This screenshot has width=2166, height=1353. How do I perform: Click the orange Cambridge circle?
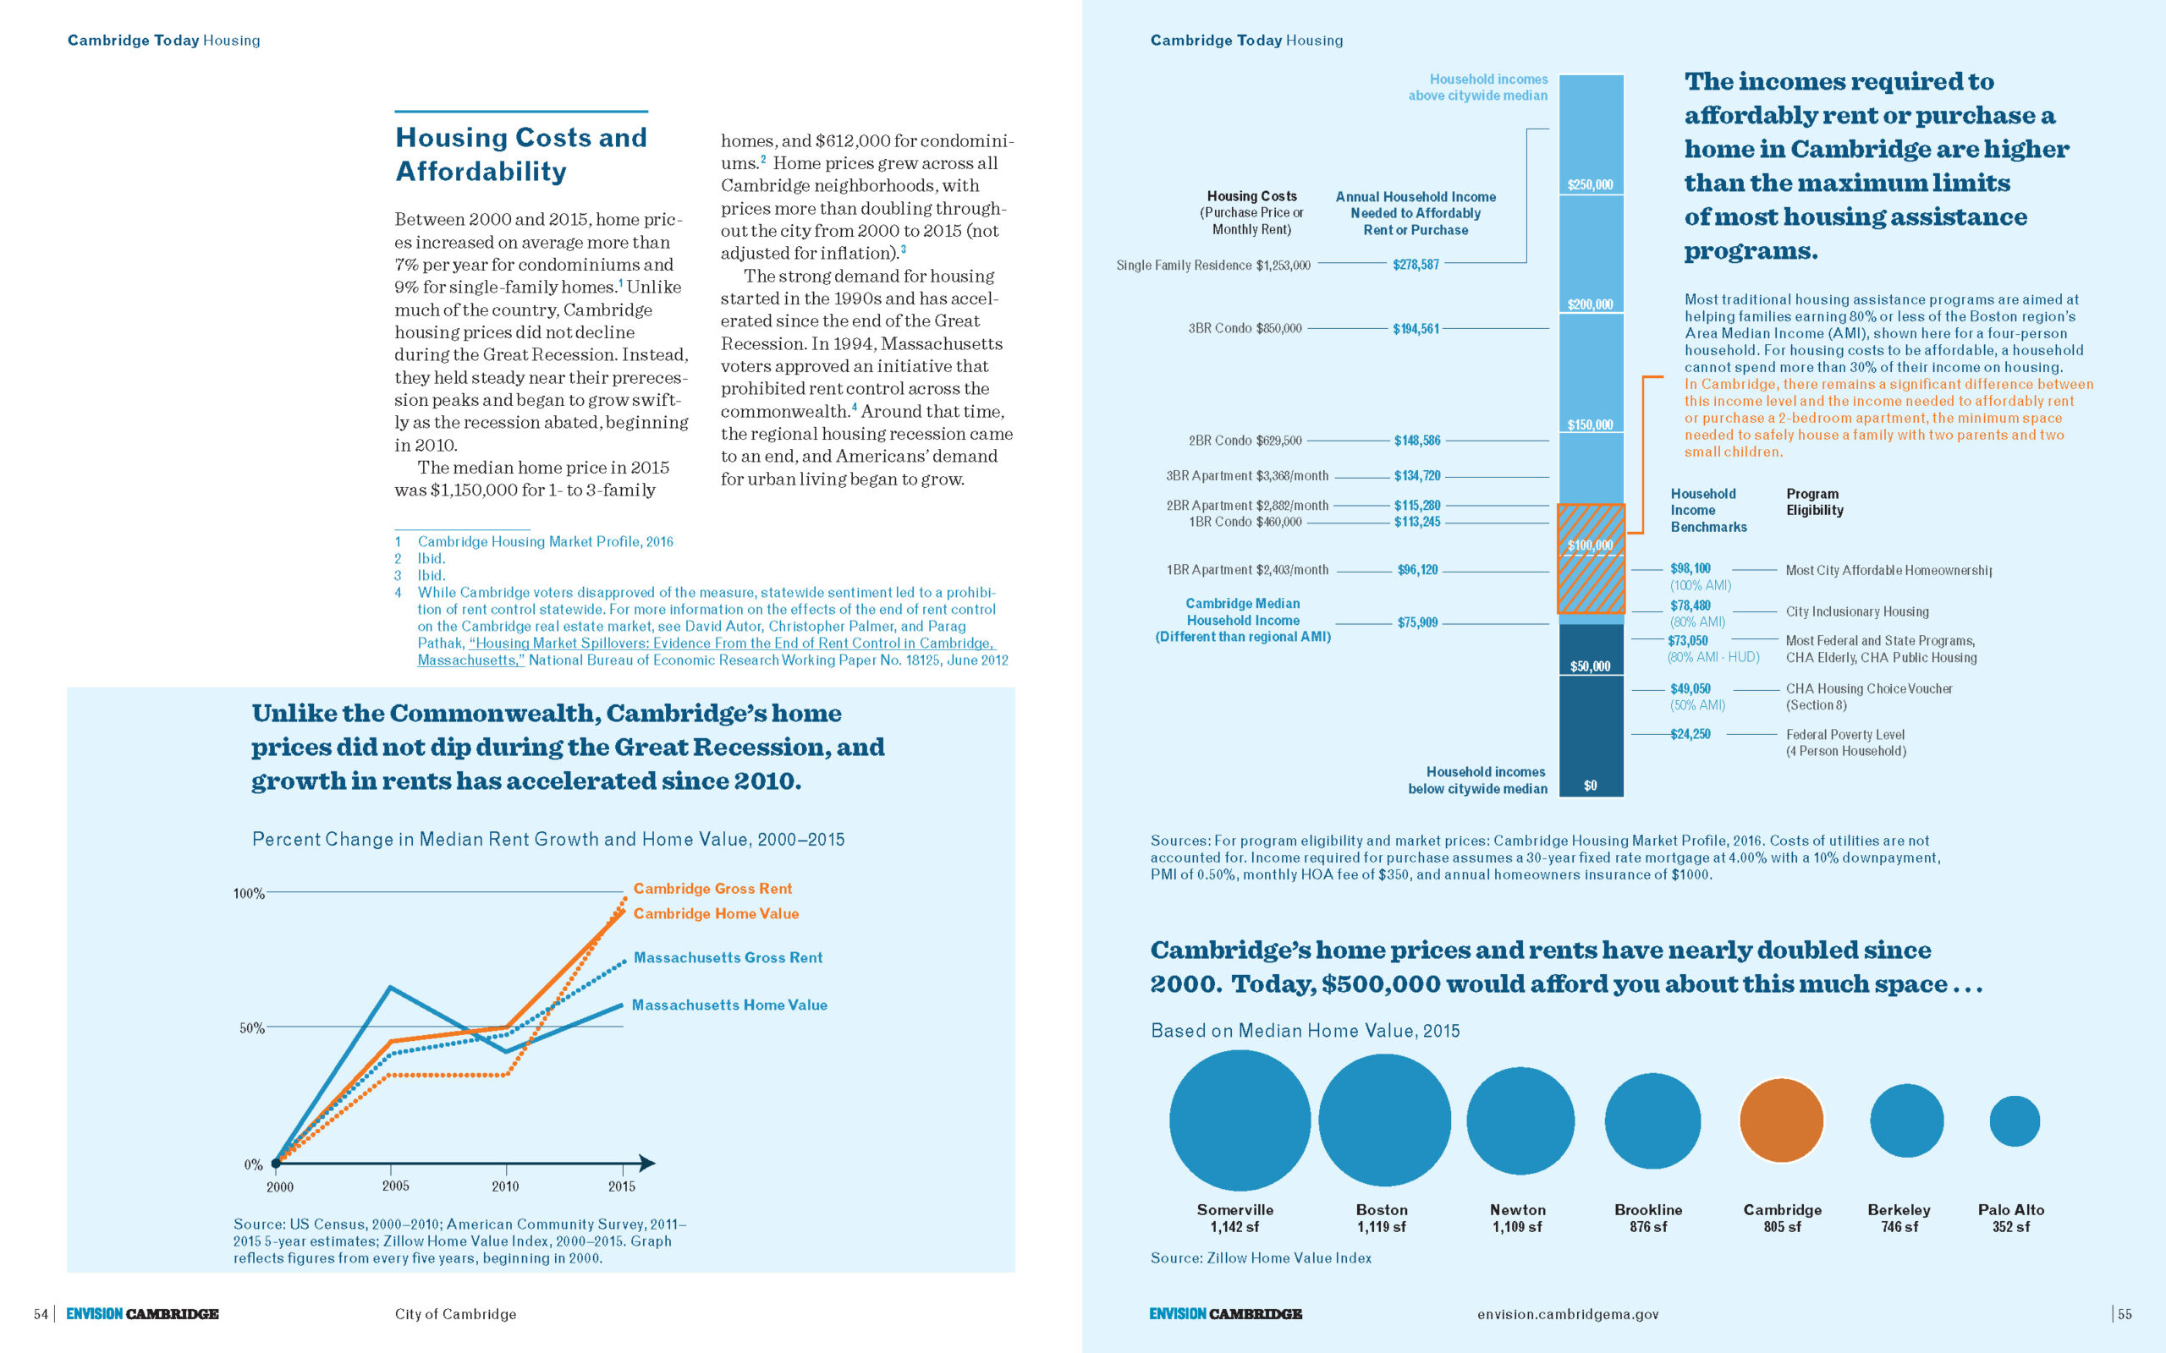(1781, 1120)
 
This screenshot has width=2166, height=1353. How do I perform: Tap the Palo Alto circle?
(2014, 1120)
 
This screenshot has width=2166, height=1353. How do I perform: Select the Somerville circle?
(1240, 1120)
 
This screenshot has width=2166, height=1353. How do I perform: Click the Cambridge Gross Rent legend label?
(712, 889)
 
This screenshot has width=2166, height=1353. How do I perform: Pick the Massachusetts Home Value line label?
(729, 1005)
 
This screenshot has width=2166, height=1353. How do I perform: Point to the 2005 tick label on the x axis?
(396, 1186)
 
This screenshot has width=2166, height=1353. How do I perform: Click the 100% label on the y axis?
(249, 893)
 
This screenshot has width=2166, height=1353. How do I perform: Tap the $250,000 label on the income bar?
(1591, 185)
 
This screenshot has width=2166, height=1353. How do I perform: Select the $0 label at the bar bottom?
(1591, 786)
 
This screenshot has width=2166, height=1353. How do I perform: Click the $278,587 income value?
(1416, 265)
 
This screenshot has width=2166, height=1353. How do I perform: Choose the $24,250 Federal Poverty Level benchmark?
(1690, 734)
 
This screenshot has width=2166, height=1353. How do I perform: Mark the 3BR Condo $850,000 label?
(1245, 328)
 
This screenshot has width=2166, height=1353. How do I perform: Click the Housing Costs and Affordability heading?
(521, 154)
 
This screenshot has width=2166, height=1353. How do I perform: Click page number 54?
(41, 1313)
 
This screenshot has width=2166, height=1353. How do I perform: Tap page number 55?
(2125, 1313)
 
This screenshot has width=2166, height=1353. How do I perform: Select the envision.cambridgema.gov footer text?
(1568, 1313)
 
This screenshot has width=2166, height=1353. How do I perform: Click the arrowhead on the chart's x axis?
(647, 1164)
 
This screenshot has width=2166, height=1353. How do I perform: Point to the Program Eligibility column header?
(1814, 502)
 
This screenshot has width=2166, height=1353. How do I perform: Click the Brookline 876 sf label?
(1648, 1218)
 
